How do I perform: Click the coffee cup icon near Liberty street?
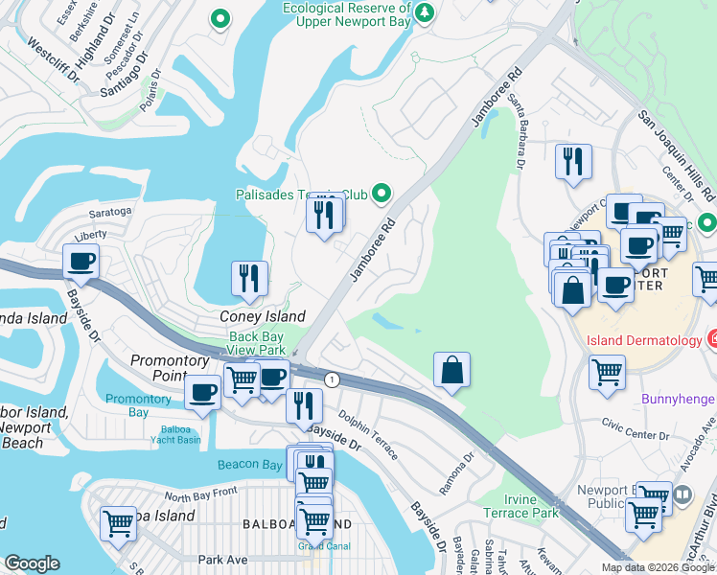pyautogui.click(x=81, y=261)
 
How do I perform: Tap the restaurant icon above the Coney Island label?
pyautogui.click(x=249, y=278)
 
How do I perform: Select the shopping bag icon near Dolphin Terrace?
pyautogui.click(x=451, y=370)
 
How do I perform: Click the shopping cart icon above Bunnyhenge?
pyautogui.click(x=608, y=372)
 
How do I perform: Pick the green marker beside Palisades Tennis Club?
pyautogui.click(x=382, y=195)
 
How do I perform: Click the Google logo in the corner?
pyautogui.click(x=32, y=563)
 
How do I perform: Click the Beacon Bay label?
pyautogui.click(x=251, y=465)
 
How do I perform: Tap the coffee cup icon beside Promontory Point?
pyautogui.click(x=202, y=392)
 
